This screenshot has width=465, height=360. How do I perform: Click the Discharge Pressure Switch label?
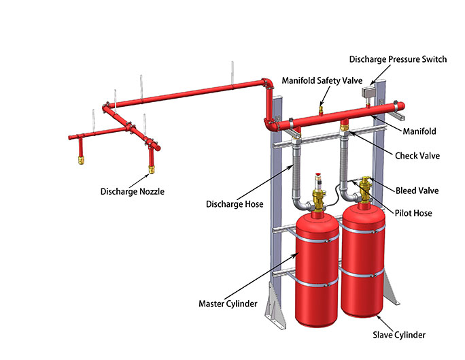398,59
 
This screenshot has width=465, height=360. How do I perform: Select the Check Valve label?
417,156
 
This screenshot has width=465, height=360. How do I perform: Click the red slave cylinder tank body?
366,259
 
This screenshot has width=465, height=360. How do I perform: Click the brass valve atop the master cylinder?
317,199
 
